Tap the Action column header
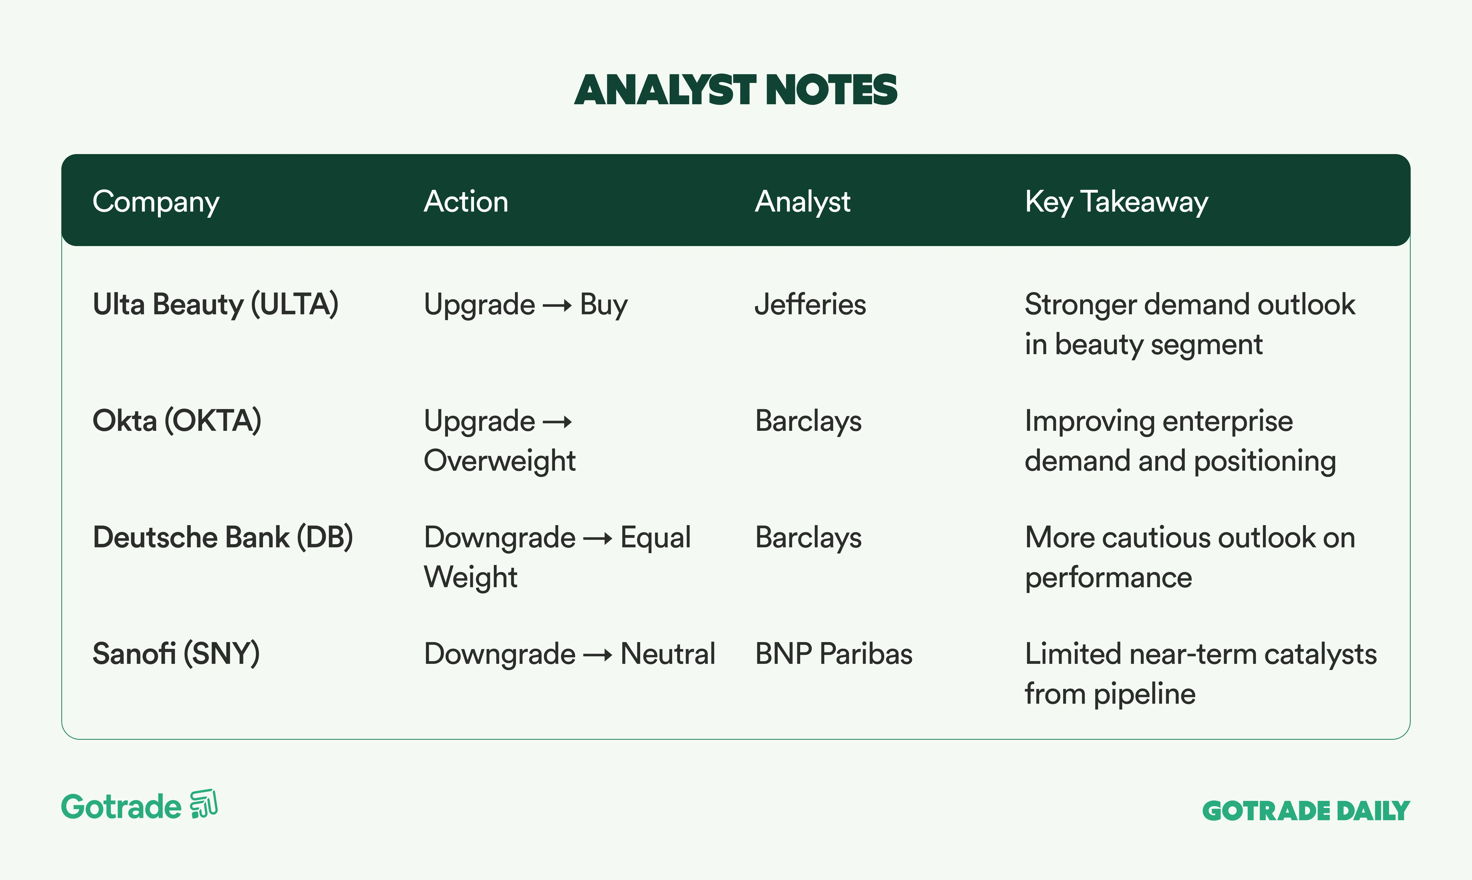point(466,202)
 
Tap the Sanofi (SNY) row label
point(176,653)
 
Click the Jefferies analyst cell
point(810,304)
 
